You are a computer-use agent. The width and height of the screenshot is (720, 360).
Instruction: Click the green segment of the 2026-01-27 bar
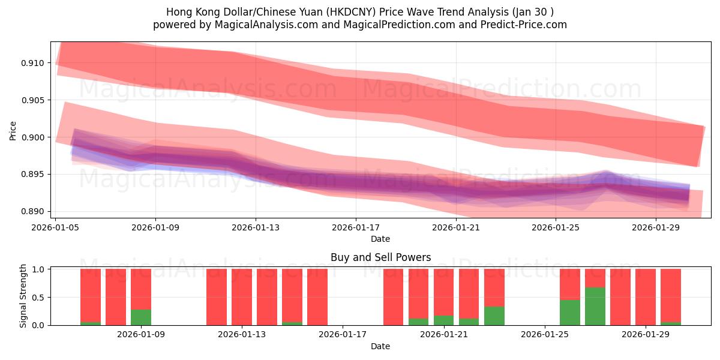[595, 306]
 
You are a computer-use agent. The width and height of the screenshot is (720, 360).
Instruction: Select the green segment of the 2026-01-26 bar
[570, 312]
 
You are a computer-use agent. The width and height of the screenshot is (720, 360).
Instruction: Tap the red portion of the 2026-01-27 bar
[595, 278]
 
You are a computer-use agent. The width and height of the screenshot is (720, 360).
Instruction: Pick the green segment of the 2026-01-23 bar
[494, 316]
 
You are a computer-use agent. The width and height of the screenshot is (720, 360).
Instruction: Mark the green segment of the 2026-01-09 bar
[141, 317]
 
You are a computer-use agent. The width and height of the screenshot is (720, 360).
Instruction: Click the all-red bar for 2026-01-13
[242, 297]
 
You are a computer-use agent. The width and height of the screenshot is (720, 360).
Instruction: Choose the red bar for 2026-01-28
[620, 297]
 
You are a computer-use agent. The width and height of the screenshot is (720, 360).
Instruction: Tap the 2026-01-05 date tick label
[56, 227]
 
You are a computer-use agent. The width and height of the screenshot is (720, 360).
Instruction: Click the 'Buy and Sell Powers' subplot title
[380, 257]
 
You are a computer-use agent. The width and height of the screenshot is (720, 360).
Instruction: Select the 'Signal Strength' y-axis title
[23, 296]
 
